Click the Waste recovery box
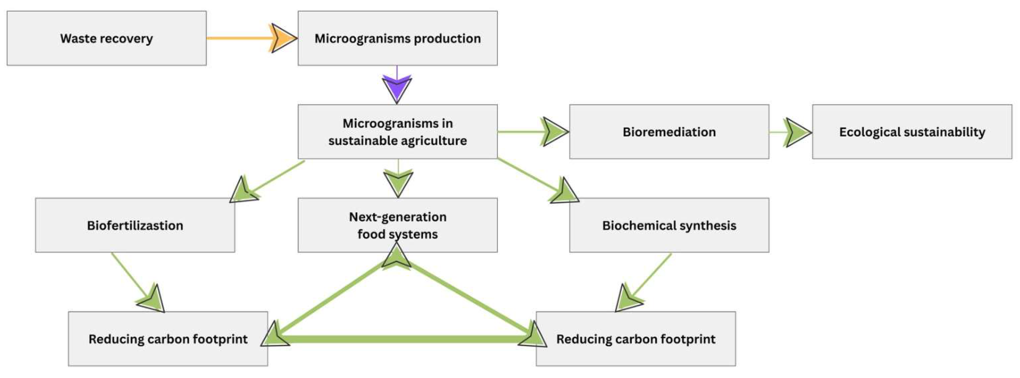[x=106, y=38]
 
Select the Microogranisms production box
[x=397, y=38]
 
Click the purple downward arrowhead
[x=397, y=89]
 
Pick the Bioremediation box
[x=669, y=132]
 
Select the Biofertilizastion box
[x=135, y=225]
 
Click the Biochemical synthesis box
[x=669, y=225]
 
